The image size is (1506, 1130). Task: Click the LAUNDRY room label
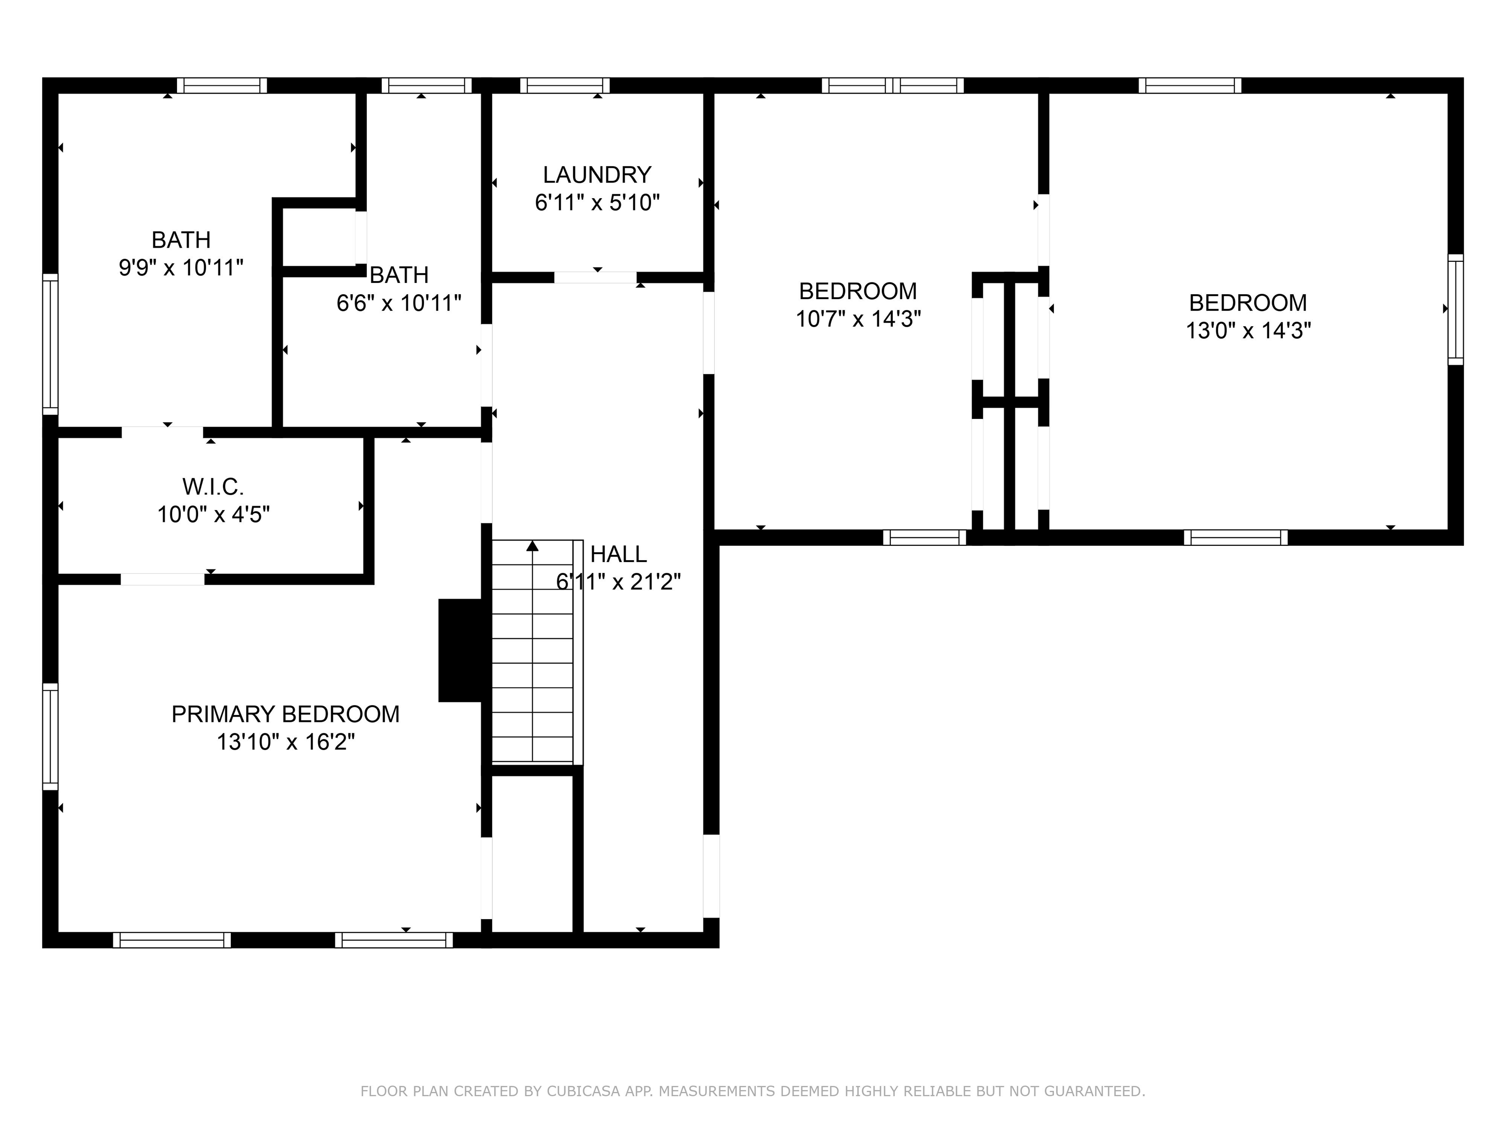597,175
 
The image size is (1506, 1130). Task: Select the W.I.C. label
213,487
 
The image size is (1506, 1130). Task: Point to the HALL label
618,554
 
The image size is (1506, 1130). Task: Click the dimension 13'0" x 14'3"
1248,331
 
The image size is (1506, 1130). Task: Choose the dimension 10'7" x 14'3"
858,319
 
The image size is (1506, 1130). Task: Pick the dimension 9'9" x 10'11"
181,268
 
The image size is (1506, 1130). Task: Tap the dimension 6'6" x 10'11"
399,303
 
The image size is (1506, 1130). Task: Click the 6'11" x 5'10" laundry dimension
597,203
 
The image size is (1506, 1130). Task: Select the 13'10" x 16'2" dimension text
285,742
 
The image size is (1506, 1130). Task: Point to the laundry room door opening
595,277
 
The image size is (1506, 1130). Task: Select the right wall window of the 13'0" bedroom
1455,309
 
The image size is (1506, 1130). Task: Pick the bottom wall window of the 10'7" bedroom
925,538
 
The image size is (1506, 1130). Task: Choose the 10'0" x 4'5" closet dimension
213,514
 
